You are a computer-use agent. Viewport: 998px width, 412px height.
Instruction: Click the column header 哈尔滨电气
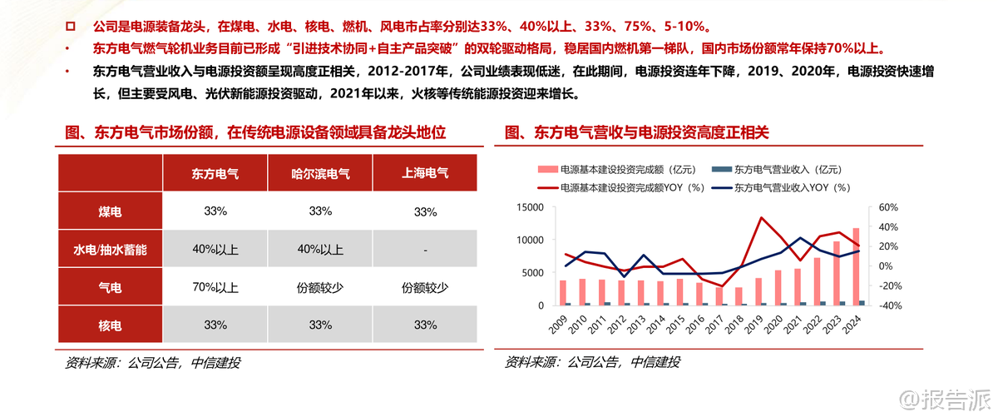[320, 174]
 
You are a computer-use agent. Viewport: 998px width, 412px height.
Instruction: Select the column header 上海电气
[425, 174]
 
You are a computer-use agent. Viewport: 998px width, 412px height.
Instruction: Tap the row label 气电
[110, 288]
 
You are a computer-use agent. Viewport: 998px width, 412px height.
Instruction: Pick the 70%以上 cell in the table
[215, 288]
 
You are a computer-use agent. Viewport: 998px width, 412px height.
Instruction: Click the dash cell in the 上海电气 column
[425, 250]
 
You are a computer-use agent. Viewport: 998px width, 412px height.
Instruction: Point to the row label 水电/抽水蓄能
[110, 250]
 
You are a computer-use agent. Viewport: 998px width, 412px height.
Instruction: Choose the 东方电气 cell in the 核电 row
[215, 325]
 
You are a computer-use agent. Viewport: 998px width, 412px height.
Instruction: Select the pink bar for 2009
[563, 292]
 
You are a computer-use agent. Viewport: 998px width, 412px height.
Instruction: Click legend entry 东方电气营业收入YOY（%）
[790, 188]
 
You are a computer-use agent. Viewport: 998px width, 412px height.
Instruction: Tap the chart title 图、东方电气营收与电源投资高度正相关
[637, 132]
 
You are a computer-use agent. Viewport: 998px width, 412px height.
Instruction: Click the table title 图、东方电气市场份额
[255, 132]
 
